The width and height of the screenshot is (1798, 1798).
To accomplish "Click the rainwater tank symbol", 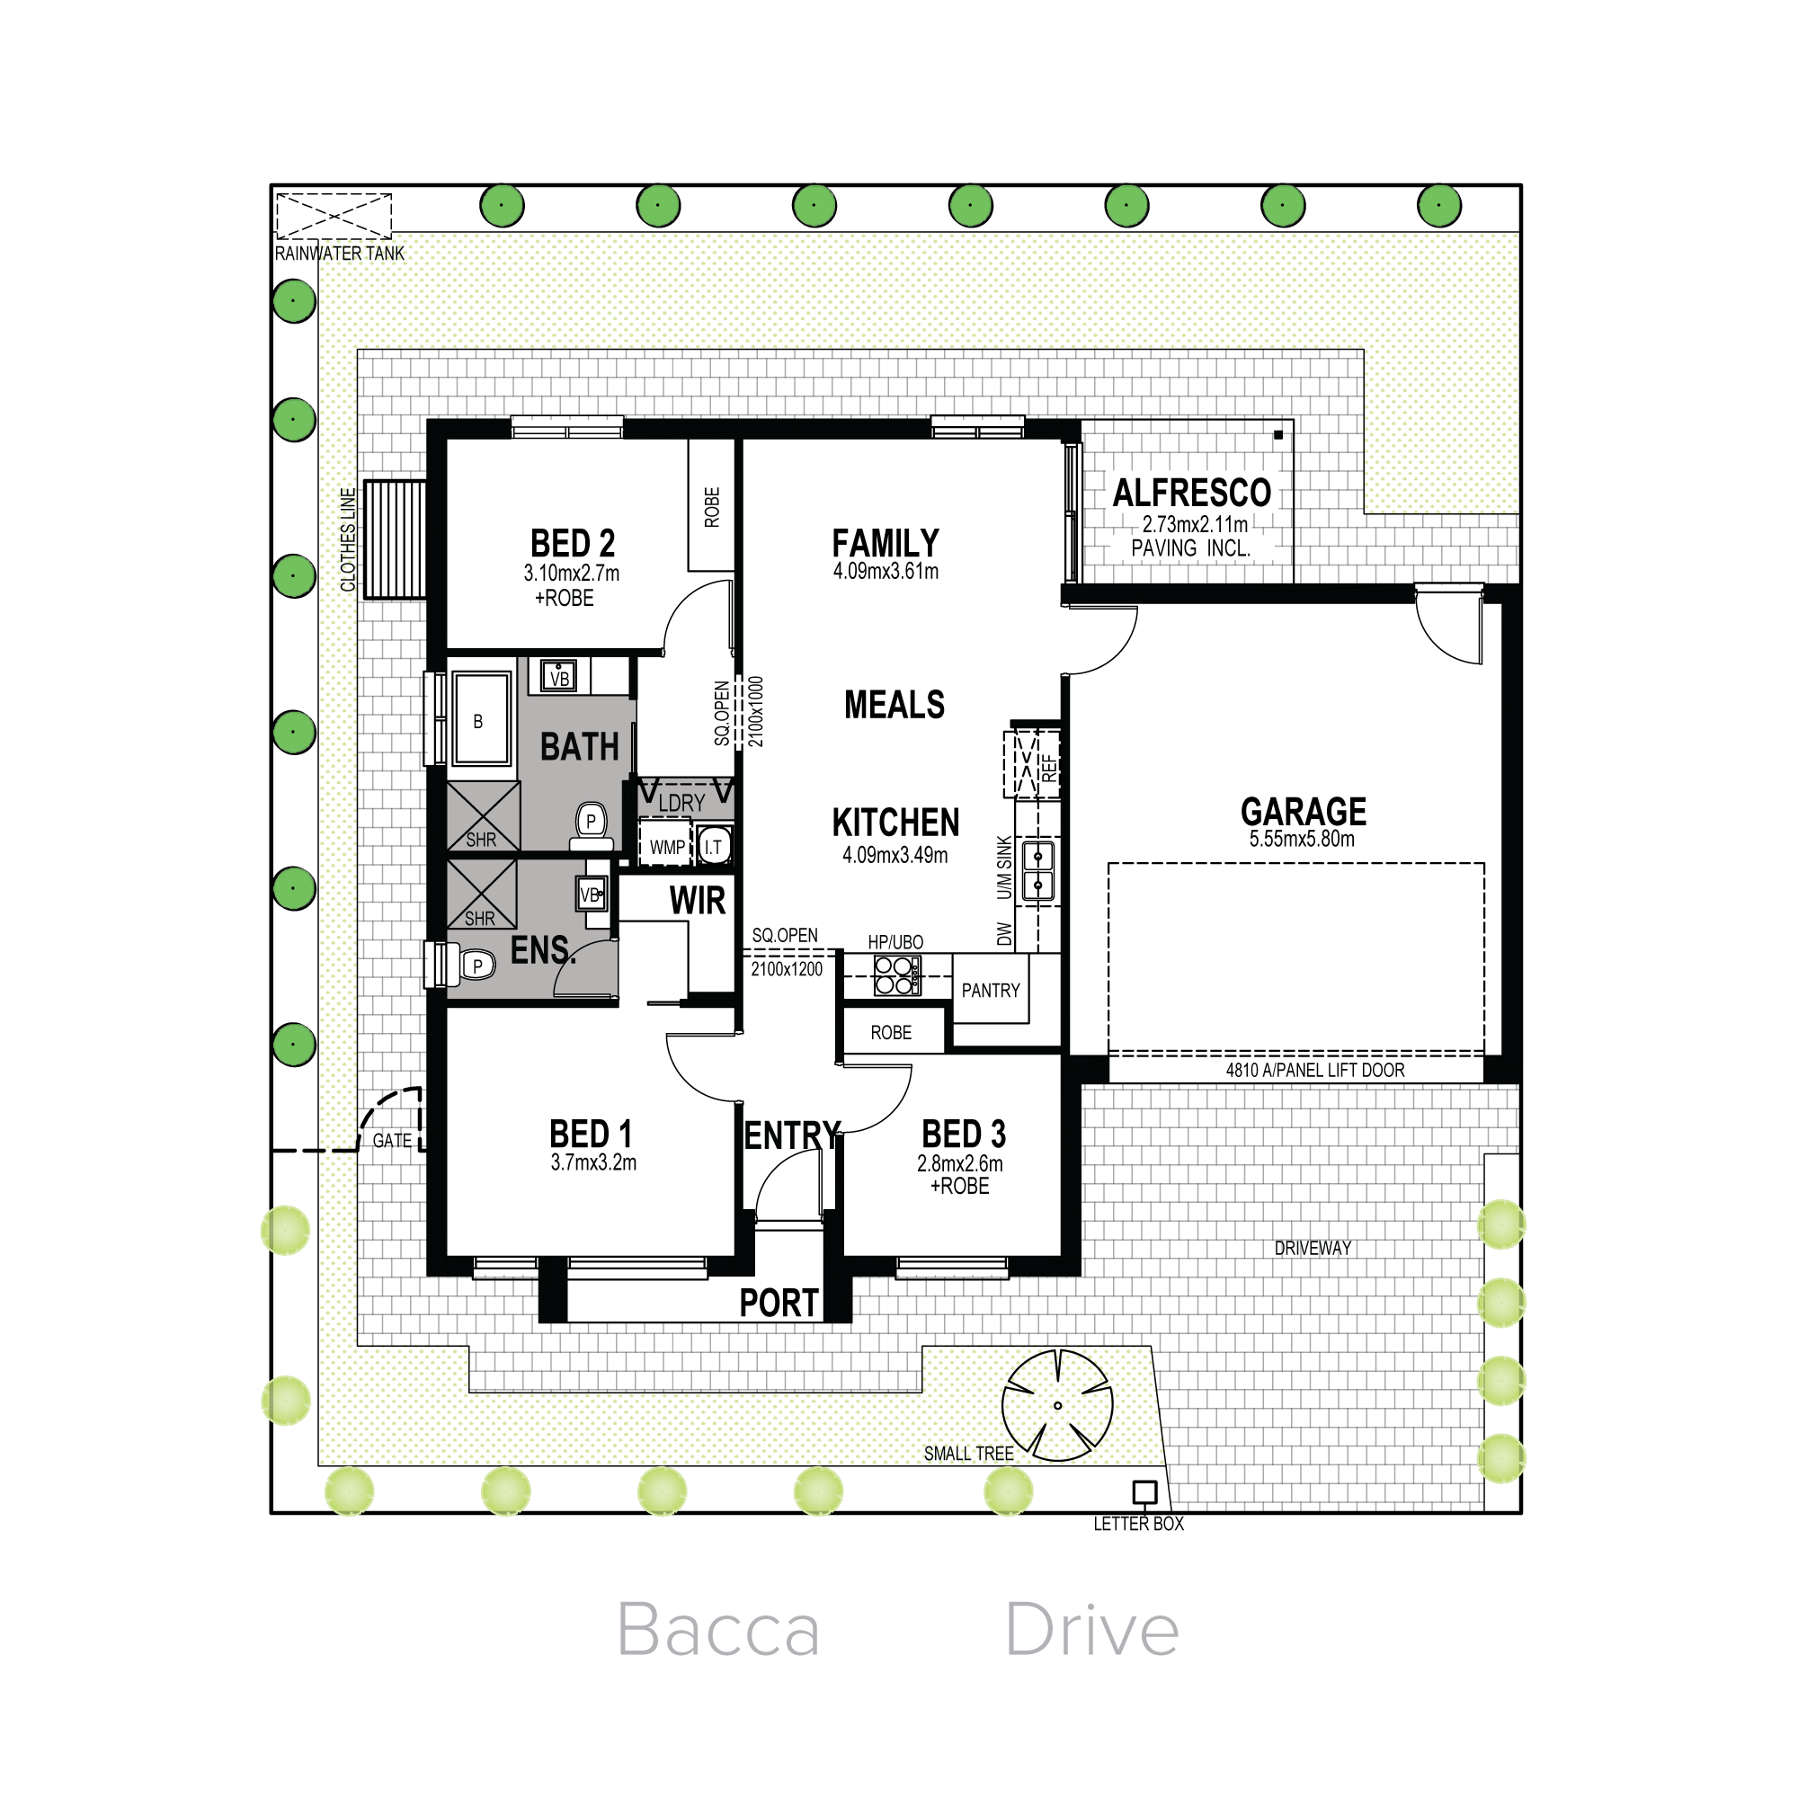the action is (x=334, y=216).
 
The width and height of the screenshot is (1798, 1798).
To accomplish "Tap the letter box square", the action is (x=1144, y=1492).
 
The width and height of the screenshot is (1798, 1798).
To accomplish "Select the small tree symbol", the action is (x=1057, y=1405).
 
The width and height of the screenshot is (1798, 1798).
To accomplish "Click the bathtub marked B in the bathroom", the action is (x=481, y=720).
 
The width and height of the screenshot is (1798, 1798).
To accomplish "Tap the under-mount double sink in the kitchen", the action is (x=1037, y=870).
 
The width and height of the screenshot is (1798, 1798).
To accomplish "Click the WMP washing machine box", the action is (x=667, y=846).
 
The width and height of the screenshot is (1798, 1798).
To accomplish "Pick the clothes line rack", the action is (x=395, y=539).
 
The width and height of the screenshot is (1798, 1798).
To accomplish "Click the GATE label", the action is (x=392, y=1141).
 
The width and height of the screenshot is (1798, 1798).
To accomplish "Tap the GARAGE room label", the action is (x=1303, y=812).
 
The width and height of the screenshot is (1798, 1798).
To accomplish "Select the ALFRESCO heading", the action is (x=1192, y=493).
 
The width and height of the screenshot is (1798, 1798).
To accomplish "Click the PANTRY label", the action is (x=990, y=990).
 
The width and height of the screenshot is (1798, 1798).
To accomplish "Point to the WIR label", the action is (x=697, y=901).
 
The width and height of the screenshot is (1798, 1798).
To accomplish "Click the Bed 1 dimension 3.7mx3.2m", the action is (x=593, y=1162).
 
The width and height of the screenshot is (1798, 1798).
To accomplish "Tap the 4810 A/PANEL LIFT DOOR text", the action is (x=1315, y=1070).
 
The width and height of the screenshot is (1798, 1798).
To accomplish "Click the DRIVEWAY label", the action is (x=1313, y=1248).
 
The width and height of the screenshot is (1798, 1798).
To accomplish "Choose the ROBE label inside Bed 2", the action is (x=712, y=507).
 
